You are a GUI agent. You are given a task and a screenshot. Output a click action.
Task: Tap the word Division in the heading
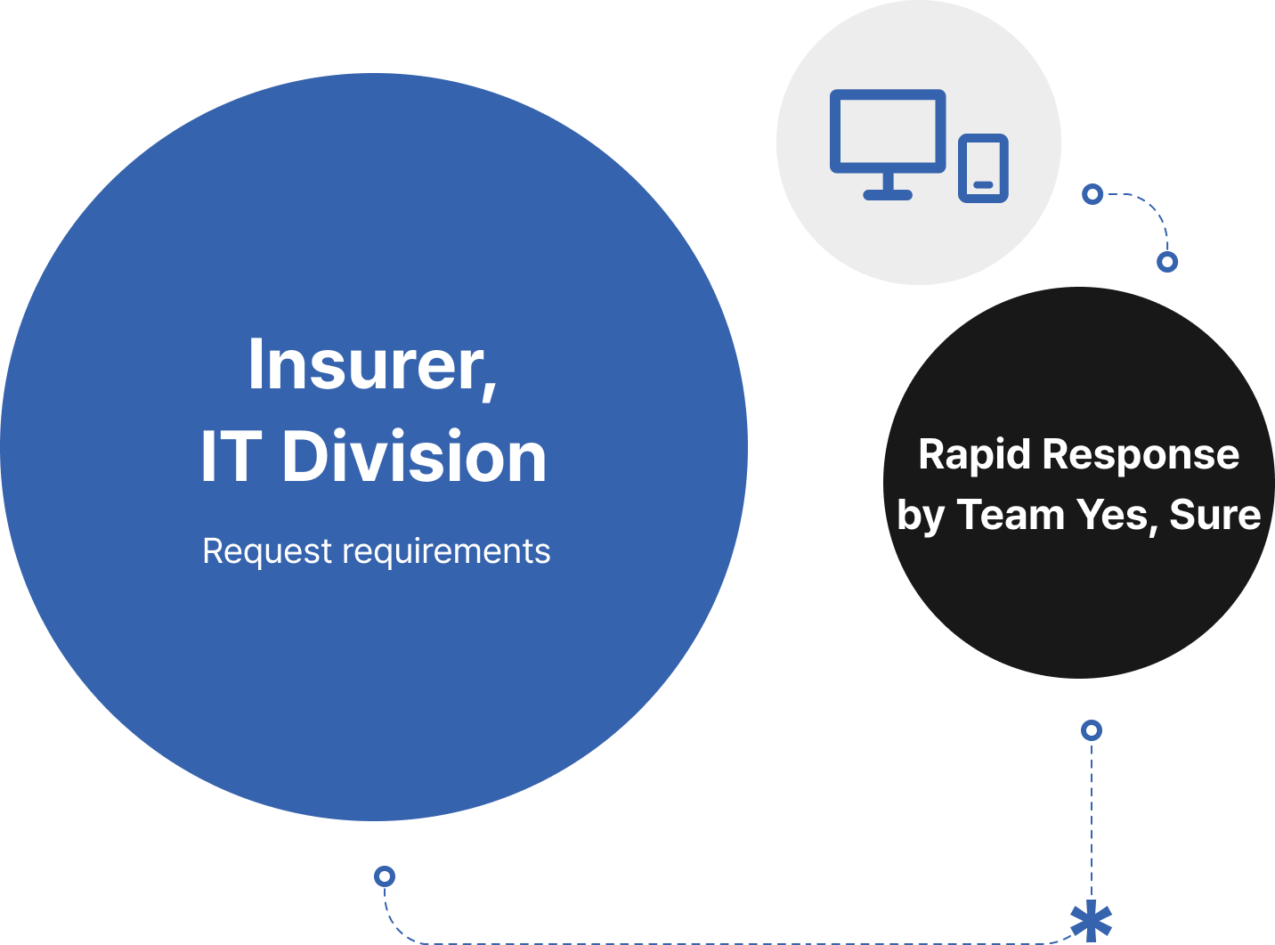[x=414, y=457]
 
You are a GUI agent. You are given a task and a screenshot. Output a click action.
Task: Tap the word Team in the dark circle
[x=1010, y=515]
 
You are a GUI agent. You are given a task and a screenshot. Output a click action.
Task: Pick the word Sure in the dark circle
[x=1214, y=515]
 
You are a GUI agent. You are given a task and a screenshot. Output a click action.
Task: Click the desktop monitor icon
[x=887, y=132]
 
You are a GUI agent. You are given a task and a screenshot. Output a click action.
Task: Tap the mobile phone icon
[x=983, y=167]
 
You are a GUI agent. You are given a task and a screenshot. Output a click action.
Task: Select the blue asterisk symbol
[x=1091, y=922]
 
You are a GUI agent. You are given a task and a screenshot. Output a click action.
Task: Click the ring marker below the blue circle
[x=385, y=876]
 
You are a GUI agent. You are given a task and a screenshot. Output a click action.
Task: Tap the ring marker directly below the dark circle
[x=1092, y=730]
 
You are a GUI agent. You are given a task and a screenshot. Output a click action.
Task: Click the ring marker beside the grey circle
[x=1092, y=194]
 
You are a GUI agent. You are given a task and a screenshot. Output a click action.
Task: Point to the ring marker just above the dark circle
[x=1167, y=262]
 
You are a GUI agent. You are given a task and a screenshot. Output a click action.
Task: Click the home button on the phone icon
[x=983, y=184]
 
